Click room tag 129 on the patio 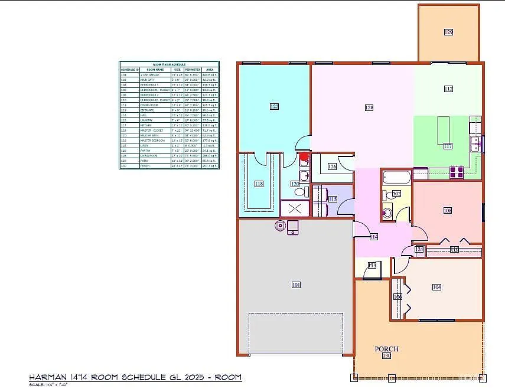(448, 32)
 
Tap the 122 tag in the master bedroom (274, 107)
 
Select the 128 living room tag (369, 107)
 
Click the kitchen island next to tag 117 (443, 130)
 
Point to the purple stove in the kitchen (457, 172)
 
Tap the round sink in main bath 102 (387, 214)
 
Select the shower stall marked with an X (294, 209)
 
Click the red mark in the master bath (305, 157)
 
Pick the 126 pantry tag (332, 167)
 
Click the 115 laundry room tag (333, 200)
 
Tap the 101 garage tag (296, 285)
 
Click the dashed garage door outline (296, 334)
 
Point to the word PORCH (387, 349)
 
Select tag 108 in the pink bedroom (447, 210)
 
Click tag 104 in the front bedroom (436, 287)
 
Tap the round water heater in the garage (280, 225)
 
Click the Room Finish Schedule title (169, 64)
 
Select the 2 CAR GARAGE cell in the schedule (147, 75)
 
